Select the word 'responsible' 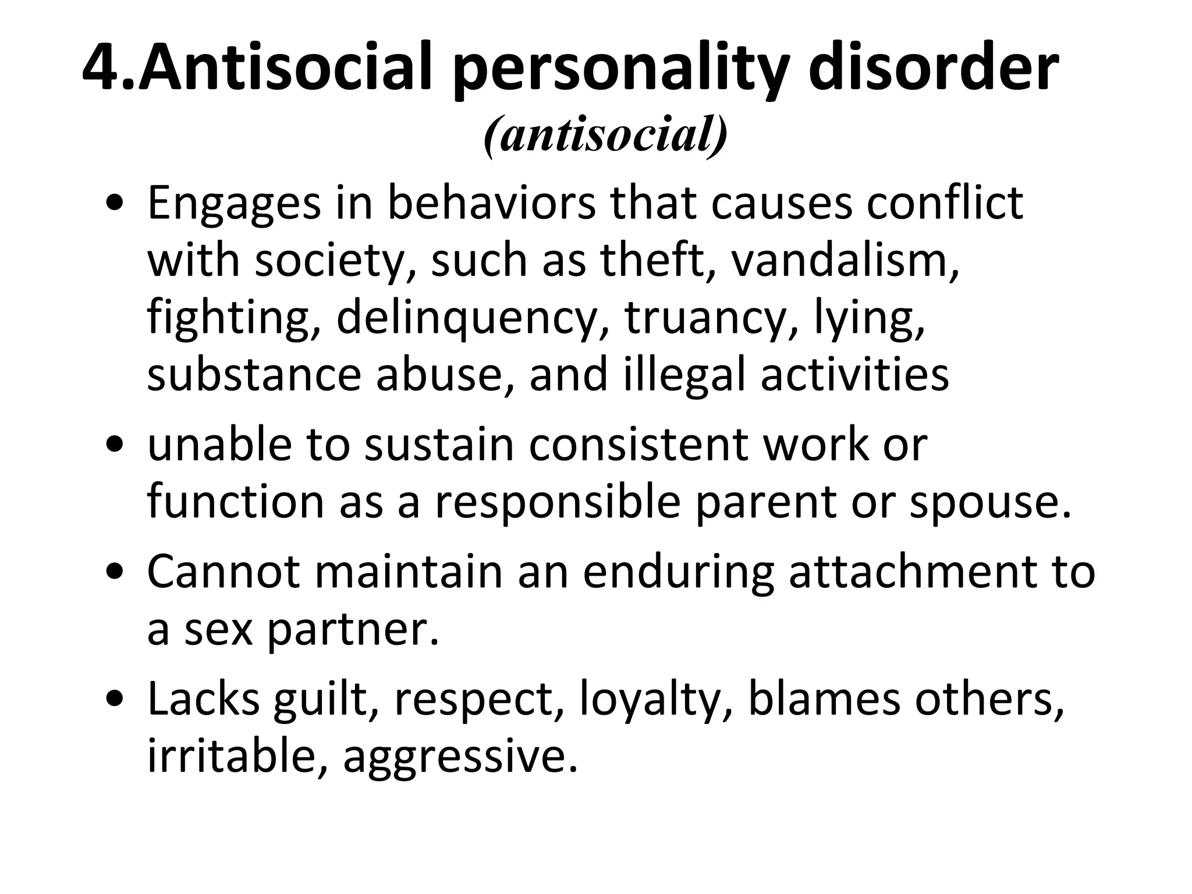[x=558, y=502]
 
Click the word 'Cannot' [x=223, y=571]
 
